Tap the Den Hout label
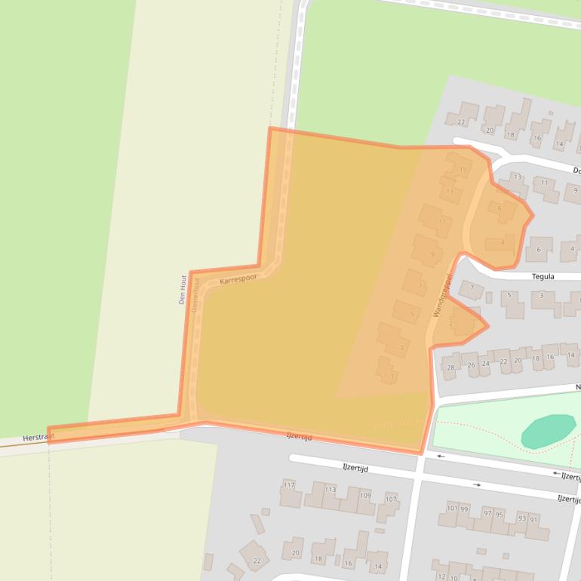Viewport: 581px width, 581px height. [183, 289]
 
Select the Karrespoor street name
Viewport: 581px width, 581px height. [238, 278]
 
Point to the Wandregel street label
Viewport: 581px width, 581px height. [442, 295]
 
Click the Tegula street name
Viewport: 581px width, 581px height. [543, 277]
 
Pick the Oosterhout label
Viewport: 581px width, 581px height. [196, 295]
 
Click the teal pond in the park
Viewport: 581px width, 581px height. [548, 430]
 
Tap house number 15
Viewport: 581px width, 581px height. [463, 170]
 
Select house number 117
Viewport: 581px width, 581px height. [289, 484]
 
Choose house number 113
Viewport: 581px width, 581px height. [330, 490]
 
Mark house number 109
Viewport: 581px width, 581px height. [365, 496]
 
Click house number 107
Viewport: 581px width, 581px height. [390, 500]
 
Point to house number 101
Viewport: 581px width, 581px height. [451, 509]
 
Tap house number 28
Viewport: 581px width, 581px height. [450, 367]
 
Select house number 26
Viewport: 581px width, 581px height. [472, 365]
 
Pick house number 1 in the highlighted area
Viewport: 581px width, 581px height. [392, 376]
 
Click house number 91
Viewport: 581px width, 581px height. [533, 519]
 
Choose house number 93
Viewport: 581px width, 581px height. [521, 518]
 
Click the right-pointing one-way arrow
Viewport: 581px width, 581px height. [477, 484]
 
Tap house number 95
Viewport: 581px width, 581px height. [499, 515]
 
